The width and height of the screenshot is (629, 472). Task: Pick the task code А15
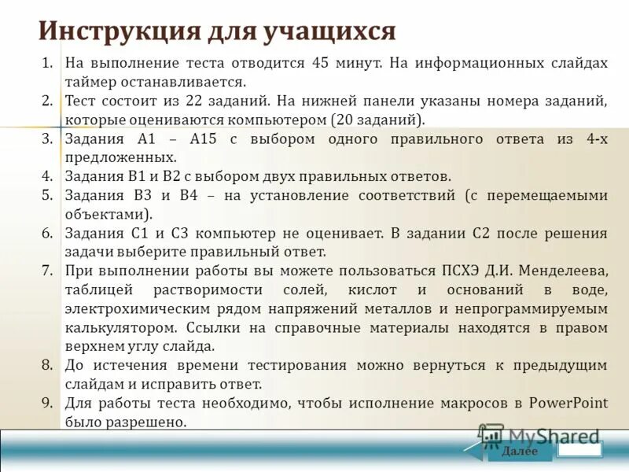[x=207, y=138]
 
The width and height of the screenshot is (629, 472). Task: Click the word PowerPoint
[x=568, y=403]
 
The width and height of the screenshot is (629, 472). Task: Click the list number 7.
[x=47, y=271]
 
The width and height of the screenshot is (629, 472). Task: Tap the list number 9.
[x=47, y=403]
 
